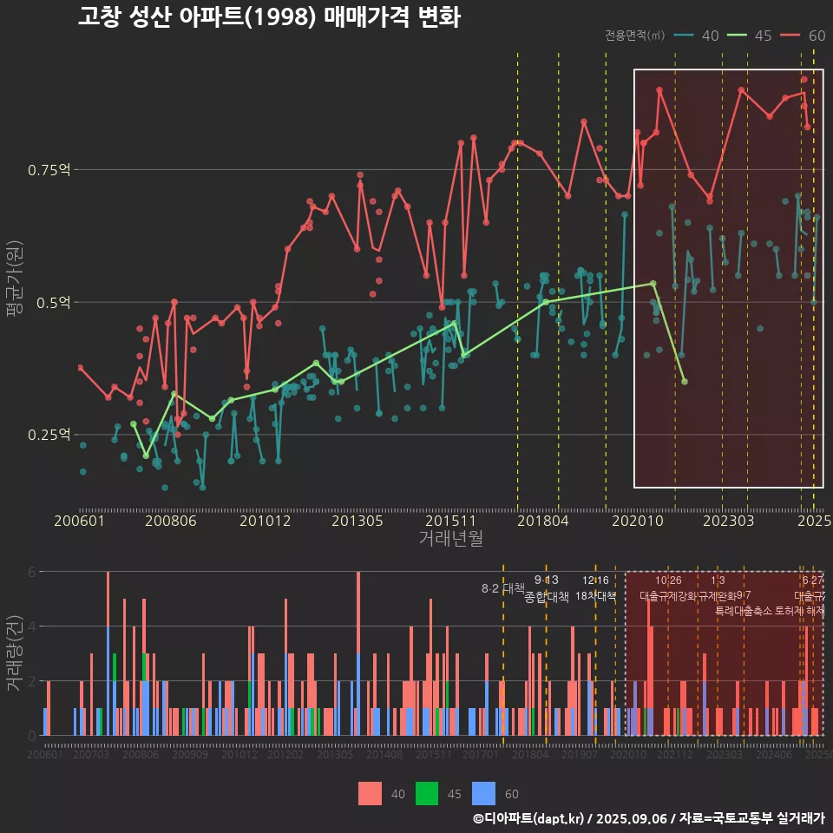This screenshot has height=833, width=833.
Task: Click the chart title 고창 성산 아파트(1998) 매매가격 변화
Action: (268, 17)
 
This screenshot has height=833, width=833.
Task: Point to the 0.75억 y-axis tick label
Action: (49, 170)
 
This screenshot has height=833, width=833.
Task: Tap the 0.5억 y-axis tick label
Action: (53, 303)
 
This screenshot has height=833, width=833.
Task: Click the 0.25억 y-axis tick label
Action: (49, 435)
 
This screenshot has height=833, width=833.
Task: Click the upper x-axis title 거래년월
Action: (450, 539)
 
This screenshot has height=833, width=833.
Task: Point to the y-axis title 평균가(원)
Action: (15, 282)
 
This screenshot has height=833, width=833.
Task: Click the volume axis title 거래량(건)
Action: (15, 653)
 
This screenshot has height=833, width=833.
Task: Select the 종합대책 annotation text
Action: (547, 597)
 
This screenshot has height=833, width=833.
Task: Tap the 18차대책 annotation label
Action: (595, 596)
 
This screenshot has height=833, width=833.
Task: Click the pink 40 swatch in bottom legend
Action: (371, 793)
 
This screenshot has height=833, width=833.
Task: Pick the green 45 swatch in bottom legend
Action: (427, 793)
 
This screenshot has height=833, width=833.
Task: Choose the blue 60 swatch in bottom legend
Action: (483, 793)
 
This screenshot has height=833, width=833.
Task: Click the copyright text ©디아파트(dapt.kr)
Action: (529, 818)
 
